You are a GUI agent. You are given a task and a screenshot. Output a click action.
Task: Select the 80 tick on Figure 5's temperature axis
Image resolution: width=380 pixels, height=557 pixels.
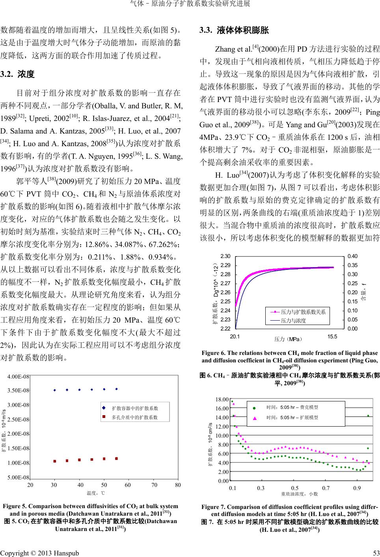pos(178,485)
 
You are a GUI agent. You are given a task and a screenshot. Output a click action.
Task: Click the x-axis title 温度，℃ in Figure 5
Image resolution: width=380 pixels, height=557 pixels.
pos(96,493)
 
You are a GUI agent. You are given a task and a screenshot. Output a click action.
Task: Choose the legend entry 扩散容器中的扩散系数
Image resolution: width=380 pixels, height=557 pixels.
pos(134,408)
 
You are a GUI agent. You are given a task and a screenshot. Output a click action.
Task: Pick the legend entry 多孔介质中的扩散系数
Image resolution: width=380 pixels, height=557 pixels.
pos(134,417)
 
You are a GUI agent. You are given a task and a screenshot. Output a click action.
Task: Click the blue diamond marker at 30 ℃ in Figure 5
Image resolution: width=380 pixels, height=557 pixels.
pos(54,390)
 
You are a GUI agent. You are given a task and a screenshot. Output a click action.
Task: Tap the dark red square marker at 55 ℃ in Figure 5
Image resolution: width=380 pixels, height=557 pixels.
pos(116,459)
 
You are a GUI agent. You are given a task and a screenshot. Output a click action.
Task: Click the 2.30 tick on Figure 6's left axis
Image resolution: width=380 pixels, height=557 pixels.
pos(225,256)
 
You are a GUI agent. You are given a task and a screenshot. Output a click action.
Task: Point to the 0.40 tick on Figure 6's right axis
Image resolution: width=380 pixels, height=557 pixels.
pos(353,256)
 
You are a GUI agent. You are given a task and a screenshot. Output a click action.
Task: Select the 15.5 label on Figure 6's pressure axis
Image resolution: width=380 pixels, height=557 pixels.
pos(332,336)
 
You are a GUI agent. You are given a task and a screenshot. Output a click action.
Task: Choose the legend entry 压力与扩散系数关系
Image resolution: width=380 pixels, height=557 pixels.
pos(303,312)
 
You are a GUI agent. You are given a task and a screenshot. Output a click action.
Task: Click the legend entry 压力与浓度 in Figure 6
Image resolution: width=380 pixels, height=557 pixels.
pos(293,321)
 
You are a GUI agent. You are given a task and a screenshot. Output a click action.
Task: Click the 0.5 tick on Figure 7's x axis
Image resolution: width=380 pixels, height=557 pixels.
pos(295,488)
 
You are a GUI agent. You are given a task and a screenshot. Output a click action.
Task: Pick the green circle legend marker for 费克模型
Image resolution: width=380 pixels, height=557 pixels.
pos(255,408)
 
